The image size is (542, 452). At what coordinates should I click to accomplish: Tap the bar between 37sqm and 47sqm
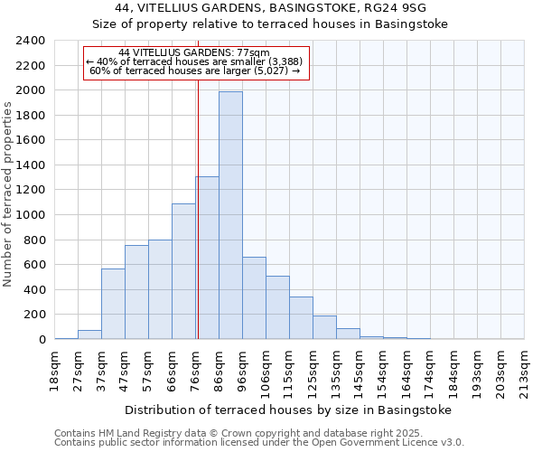coord(113,304)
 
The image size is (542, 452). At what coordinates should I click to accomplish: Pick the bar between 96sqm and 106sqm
coord(254,298)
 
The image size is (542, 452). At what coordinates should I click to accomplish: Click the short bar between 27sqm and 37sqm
coord(89,334)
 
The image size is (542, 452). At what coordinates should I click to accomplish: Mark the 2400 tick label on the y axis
coord(31,41)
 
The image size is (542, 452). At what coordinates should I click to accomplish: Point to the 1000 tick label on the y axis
coord(31,215)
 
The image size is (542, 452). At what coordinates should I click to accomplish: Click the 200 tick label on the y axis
coord(34,315)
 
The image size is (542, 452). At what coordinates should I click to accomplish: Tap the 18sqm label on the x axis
coord(54,368)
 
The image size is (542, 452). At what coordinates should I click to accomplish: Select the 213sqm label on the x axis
coord(524,371)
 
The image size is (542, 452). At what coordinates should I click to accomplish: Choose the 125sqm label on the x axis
coord(313,371)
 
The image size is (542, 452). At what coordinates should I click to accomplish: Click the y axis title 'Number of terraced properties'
coord(8,194)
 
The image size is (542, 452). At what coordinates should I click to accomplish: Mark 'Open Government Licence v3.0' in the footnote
coord(391,442)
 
